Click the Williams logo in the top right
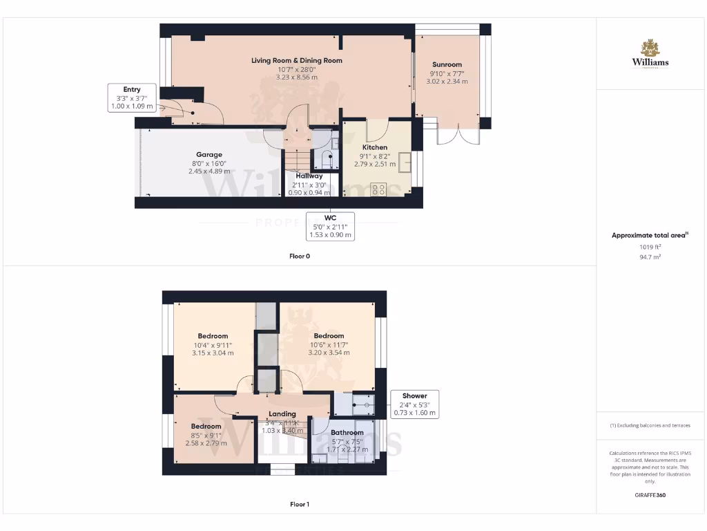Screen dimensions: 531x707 (650, 54)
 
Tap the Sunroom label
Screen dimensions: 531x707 (447, 64)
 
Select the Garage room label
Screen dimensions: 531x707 (209, 155)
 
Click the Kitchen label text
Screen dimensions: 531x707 (375, 147)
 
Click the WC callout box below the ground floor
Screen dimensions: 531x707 (331, 226)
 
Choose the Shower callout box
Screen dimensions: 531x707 (414, 404)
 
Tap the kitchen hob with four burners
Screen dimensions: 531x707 (378, 188)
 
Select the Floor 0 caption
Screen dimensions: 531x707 (299, 256)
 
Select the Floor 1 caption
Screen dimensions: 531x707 (299, 505)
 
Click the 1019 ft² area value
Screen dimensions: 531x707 (650, 246)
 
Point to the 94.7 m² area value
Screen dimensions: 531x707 (650, 257)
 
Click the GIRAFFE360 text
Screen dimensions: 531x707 (650, 495)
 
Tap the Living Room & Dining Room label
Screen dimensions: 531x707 (296, 60)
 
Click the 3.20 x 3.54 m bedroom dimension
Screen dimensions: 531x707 (329, 353)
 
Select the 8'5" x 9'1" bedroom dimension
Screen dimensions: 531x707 (206, 435)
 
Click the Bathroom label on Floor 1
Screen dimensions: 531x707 (347, 433)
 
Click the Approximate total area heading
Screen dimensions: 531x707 (650, 235)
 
